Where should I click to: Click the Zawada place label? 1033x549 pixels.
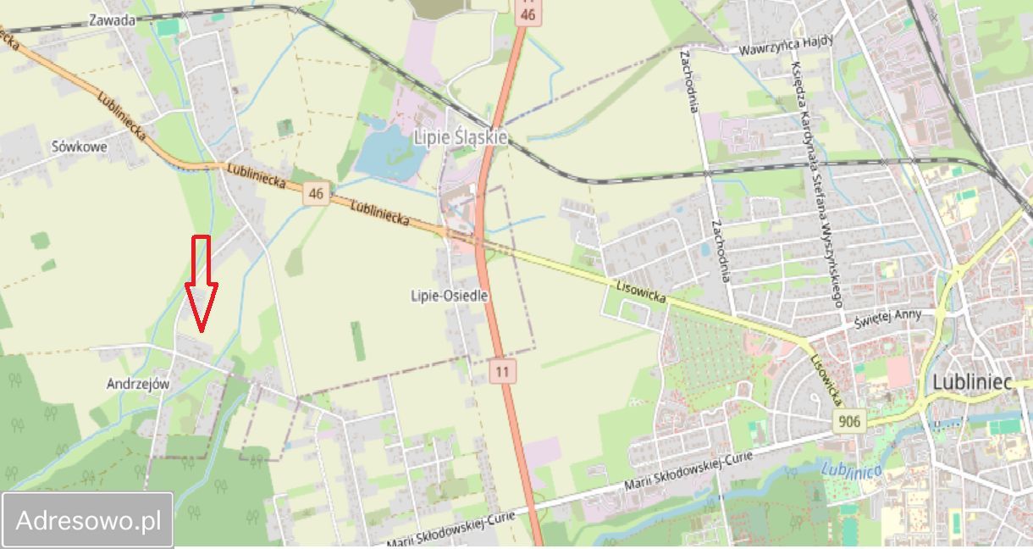coord(111,19)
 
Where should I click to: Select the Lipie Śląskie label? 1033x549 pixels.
coord(460,136)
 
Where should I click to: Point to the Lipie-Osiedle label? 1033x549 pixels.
coord(449,296)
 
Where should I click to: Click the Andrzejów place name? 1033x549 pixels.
coord(138,384)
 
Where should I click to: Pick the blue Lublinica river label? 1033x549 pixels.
coord(851,469)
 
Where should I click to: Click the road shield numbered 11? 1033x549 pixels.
coord(504,370)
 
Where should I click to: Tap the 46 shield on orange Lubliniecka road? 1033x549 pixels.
coord(317,194)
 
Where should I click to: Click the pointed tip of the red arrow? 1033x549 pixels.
coord(202,329)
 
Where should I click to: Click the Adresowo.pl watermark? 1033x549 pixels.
coord(88,520)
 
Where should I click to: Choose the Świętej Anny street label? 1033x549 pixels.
coord(886,319)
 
